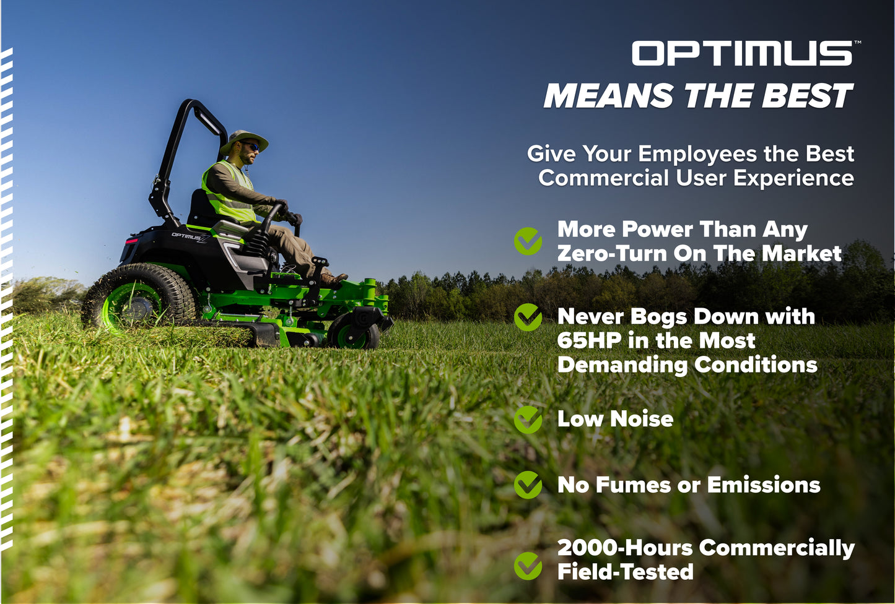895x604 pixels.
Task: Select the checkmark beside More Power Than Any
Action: click(528, 241)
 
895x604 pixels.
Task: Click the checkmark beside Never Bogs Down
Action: click(528, 317)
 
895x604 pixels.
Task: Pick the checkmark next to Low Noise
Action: click(528, 419)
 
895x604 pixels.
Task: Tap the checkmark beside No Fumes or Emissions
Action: click(528, 485)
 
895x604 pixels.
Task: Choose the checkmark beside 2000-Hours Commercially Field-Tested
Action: click(528, 566)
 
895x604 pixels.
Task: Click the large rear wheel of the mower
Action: click(138, 299)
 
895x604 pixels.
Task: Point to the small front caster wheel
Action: click(354, 332)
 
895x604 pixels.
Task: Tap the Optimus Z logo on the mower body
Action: click(188, 236)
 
